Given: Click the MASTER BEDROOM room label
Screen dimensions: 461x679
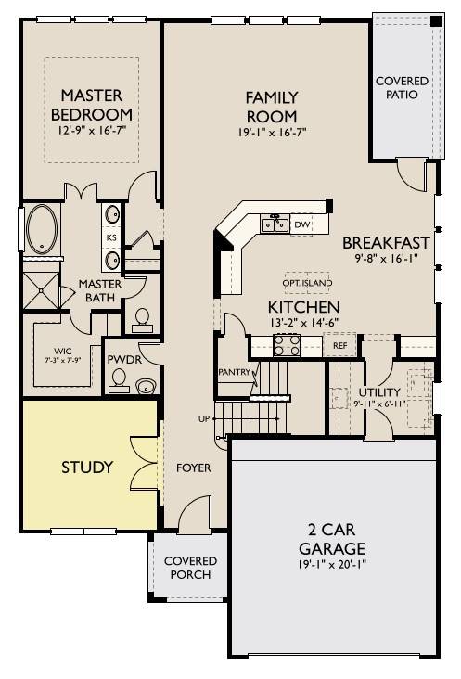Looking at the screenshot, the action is (x=92, y=105).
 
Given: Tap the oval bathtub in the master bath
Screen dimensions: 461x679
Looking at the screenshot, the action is (x=42, y=228).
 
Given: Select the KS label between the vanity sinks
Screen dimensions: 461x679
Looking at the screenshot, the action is (x=111, y=237).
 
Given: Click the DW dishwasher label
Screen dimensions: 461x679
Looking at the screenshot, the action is (x=301, y=224).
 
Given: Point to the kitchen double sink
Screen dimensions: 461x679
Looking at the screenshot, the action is (x=275, y=224).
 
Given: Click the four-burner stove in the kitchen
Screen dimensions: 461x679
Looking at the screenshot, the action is (x=287, y=345).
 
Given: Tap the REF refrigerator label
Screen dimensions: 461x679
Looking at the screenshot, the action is (x=339, y=346).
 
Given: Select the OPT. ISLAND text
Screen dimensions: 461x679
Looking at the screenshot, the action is (x=307, y=283).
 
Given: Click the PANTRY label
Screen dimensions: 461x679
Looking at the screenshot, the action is (x=234, y=372).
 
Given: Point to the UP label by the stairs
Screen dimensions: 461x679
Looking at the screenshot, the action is (x=203, y=418).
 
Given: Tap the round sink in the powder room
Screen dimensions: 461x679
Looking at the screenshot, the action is (x=147, y=386).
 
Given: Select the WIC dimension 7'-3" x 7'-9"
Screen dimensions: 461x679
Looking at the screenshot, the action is (x=63, y=359).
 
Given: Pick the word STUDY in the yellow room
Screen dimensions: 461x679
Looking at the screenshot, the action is (x=87, y=468).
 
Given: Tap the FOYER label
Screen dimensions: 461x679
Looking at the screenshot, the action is (x=194, y=468).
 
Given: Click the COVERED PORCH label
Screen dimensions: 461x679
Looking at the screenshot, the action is (x=190, y=568).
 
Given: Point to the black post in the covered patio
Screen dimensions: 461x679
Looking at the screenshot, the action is (x=437, y=20).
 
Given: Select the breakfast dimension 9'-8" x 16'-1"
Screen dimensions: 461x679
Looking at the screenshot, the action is (x=386, y=259).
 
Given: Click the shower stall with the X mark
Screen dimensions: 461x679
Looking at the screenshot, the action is (x=41, y=290).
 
